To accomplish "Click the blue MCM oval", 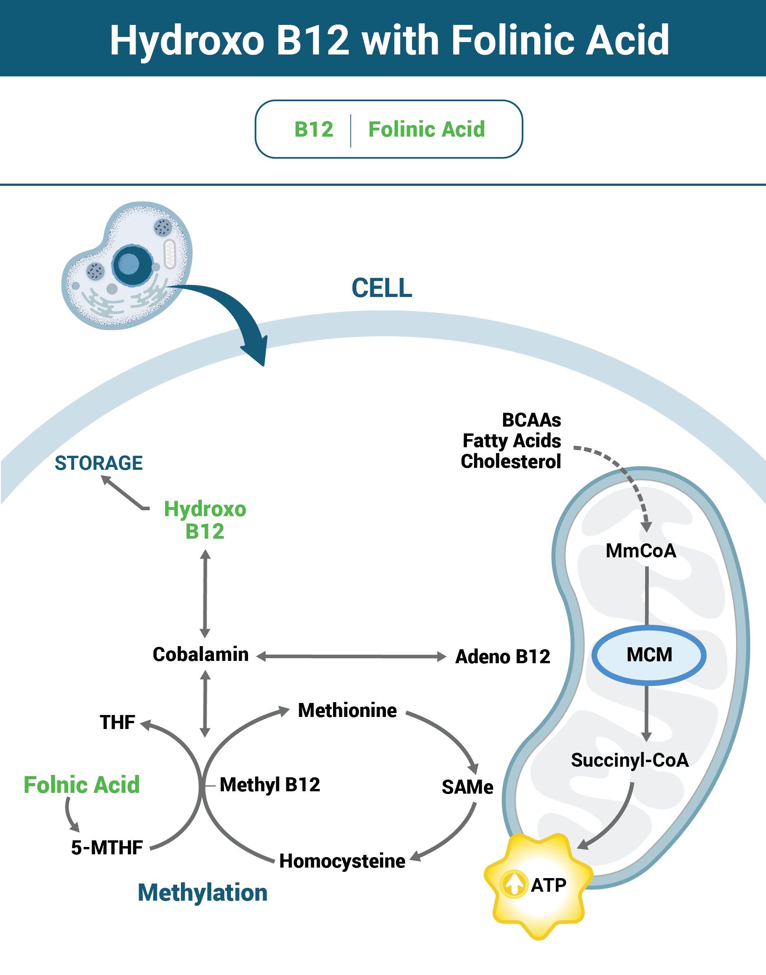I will (648, 655).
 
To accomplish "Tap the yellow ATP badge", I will (539, 885).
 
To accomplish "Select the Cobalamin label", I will (201, 655).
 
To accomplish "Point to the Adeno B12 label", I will (502, 657).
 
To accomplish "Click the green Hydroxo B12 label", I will (205, 520).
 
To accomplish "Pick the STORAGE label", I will (99, 463).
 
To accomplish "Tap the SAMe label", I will (467, 787).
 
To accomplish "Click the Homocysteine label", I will (342, 861).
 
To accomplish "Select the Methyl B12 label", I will (270, 785).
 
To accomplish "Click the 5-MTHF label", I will (107, 848).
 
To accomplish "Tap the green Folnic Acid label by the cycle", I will (82, 785).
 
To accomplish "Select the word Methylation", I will (203, 892).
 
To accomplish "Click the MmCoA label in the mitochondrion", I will (641, 551).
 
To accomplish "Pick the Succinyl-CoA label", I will (629, 760).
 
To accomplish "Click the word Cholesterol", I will (511, 461).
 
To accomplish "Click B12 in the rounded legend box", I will (314, 130).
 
